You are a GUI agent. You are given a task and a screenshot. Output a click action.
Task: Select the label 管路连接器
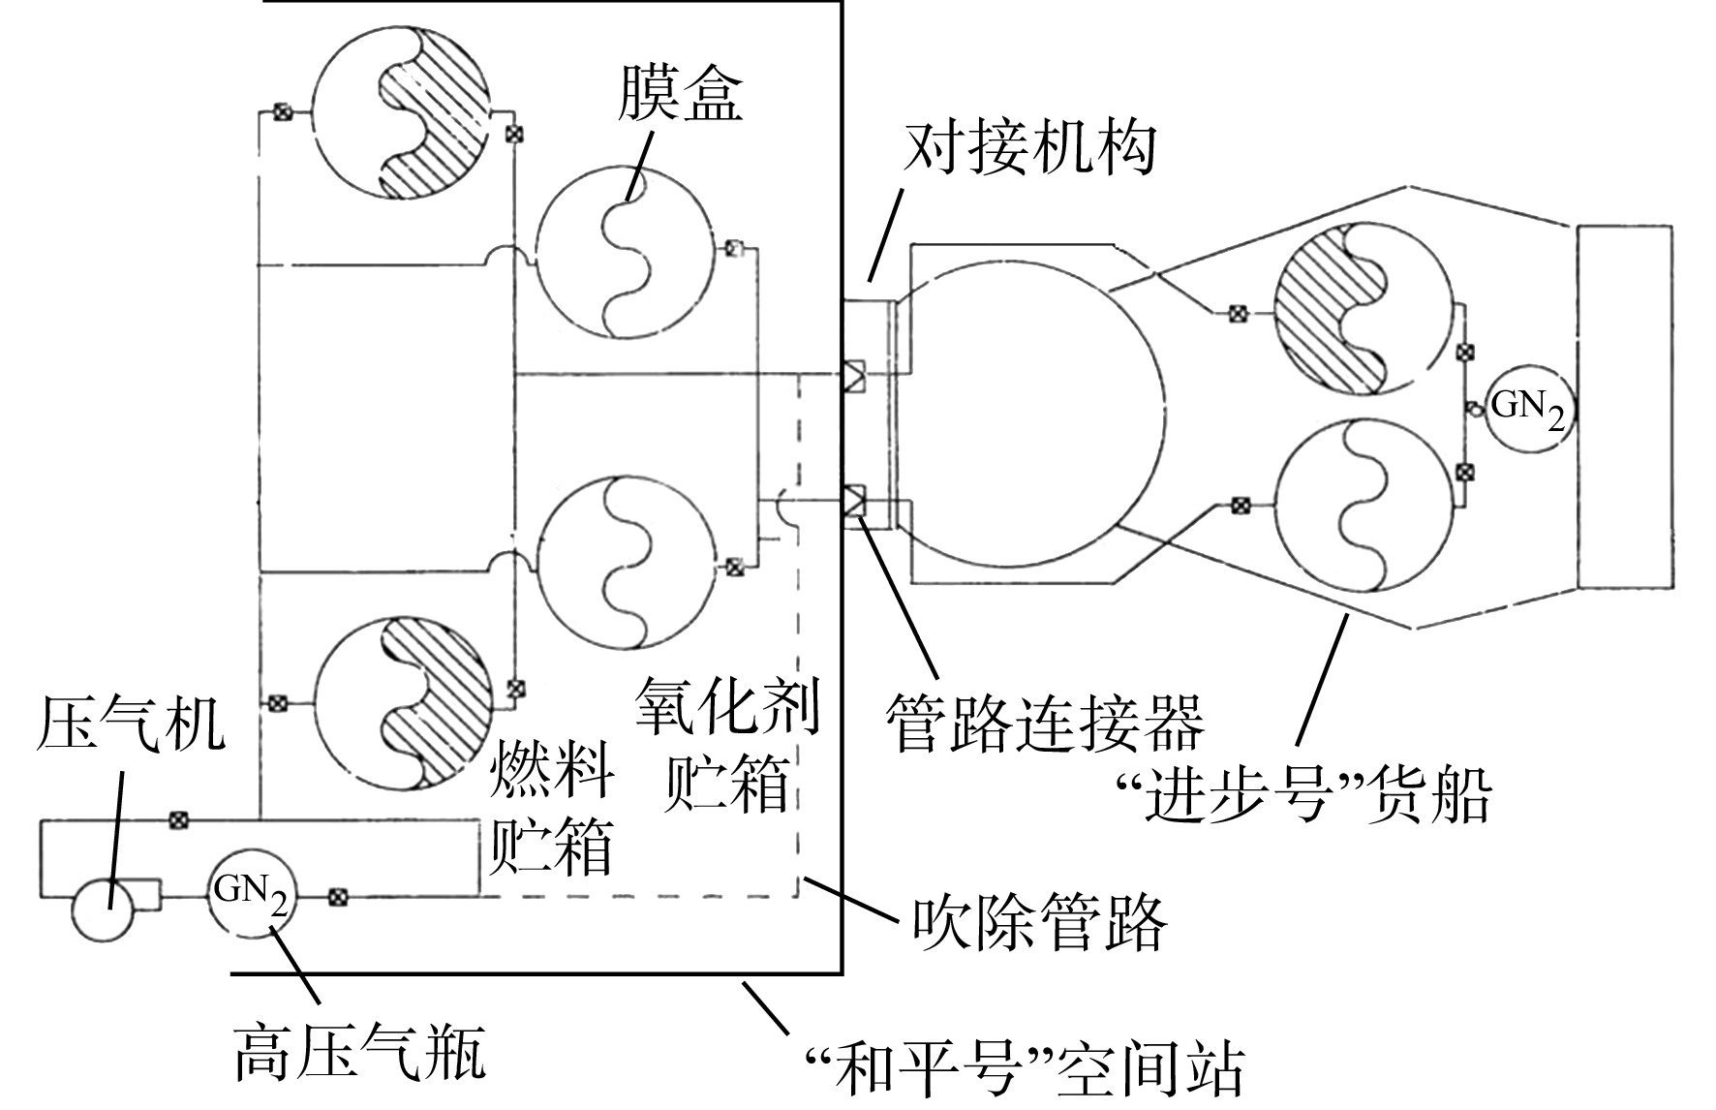tap(1046, 723)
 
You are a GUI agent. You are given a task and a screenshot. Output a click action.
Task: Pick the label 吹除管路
tap(1040, 921)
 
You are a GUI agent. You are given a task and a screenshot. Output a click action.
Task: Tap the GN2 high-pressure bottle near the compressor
tap(252, 894)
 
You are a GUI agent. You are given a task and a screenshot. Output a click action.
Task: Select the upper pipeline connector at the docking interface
tap(855, 375)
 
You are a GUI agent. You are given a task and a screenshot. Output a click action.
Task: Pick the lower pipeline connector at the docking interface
tap(855, 502)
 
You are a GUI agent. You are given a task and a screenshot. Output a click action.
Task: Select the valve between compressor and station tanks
tap(177, 820)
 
